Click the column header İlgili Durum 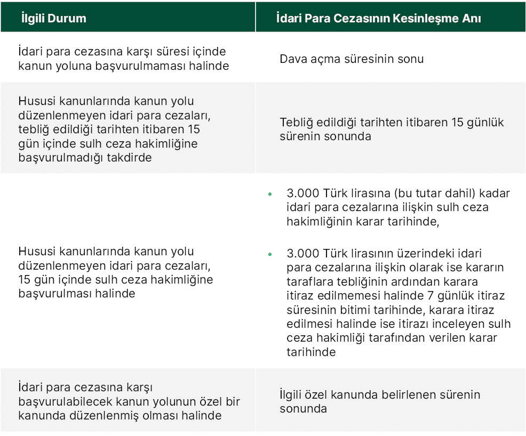[53, 18]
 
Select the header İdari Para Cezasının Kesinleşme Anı [379, 18]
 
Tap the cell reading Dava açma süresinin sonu [352, 59]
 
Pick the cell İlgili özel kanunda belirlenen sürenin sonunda [380, 402]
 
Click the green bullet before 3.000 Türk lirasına [270, 194]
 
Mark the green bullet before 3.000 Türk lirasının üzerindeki [270, 254]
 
